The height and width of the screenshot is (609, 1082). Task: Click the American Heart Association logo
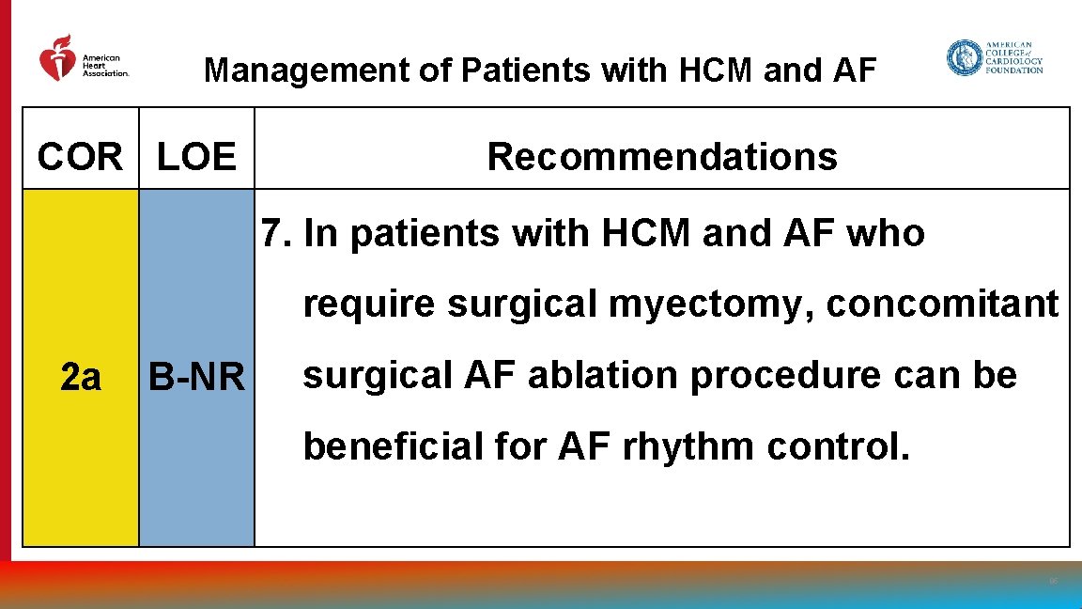click(x=83, y=59)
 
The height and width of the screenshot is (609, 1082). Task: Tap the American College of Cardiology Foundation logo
click(x=995, y=58)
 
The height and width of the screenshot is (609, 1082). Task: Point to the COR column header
click(x=80, y=157)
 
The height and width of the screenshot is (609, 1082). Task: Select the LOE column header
click(x=196, y=157)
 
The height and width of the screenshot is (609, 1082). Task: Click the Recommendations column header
click(x=662, y=157)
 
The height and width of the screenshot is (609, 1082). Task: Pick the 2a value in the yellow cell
click(x=80, y=377)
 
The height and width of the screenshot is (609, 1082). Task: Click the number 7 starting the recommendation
click(x=271, y=234)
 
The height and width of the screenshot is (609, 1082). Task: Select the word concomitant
click(x=942, y=304)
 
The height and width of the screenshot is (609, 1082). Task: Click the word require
click(x=369, y=305)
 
